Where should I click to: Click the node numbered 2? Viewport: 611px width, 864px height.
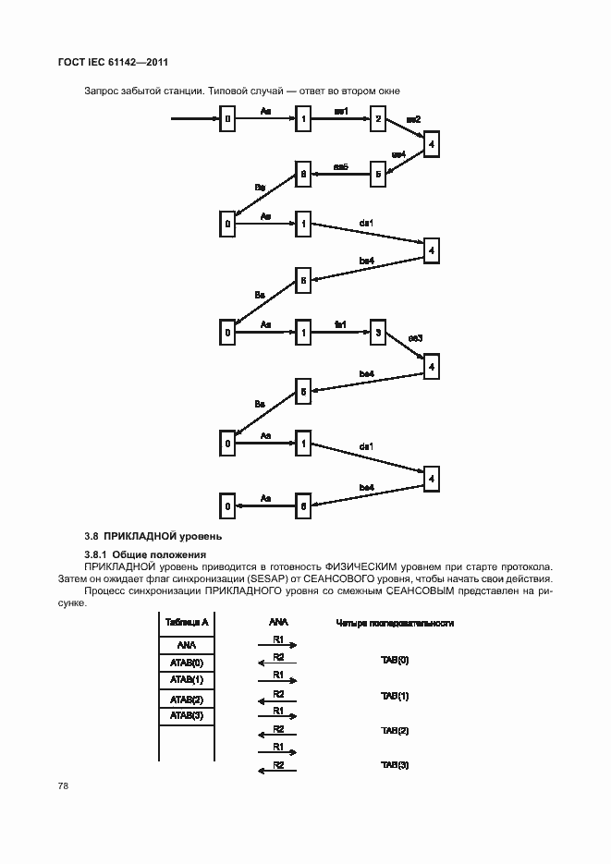(x=376, y=118)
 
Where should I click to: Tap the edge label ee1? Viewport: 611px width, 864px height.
(x=340, y=111)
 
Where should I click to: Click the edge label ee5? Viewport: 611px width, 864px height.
(x=339, y=166)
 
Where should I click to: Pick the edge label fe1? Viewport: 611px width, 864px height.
(x=340, y=323)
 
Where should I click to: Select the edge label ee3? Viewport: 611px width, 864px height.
(x=415, y=338)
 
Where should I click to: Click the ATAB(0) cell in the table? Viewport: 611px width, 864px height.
(x=187, y=663)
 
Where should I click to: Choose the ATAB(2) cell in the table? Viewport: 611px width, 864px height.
(x=187, y=699)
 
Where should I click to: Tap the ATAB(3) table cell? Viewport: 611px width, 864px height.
(x=187, y=715)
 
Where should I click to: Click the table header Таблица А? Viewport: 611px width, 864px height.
(x=187, y=622)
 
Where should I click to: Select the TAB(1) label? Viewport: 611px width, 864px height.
(x=395, y=695)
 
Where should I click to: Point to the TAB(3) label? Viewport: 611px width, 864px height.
(x=395, y=764)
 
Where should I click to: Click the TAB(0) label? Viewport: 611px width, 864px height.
(x=395, y=660)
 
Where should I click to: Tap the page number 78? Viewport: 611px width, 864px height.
(x=64, y=785)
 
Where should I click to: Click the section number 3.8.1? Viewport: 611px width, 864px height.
(x=98, y=554)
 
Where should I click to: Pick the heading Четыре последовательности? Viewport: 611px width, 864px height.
(x=395, y=623)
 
